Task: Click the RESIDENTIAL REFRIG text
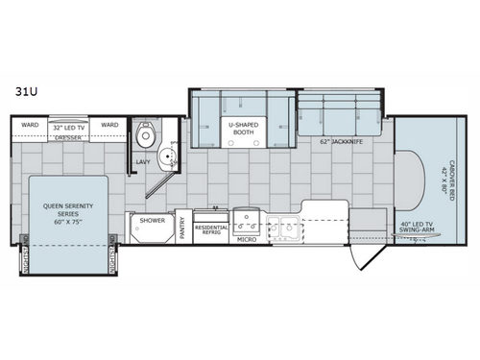coord(211,229)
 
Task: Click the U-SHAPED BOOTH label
coord(239,128)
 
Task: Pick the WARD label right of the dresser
coord(109,125)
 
